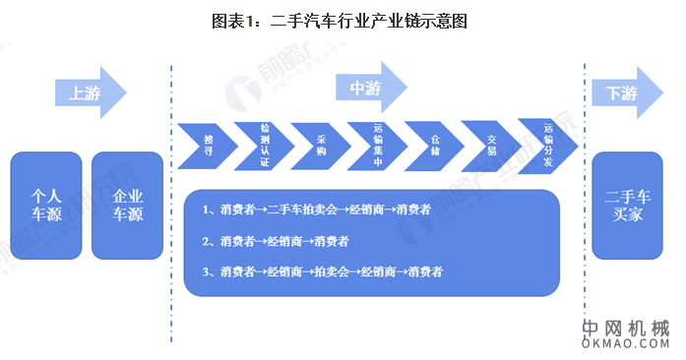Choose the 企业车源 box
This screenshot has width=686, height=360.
(x=127, y=204)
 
